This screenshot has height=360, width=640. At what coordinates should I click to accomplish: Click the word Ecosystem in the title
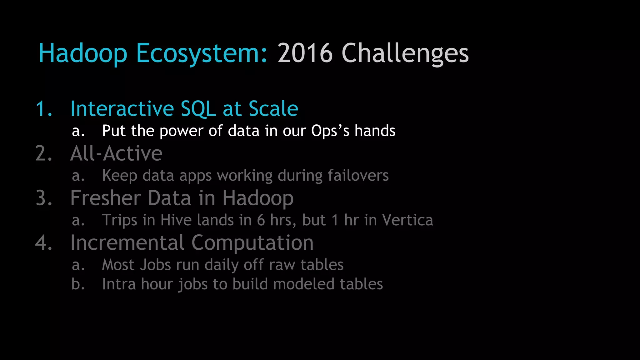tap(202, 53)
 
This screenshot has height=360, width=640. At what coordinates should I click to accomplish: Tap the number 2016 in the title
tap(305, 53)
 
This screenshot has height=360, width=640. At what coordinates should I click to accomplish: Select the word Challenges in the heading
tap(405, 53)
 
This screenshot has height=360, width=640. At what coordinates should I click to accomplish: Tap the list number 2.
tap(44, 153)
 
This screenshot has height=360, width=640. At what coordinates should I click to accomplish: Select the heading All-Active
tap(116, 153)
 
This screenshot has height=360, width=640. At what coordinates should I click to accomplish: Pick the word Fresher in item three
tap(105, 198)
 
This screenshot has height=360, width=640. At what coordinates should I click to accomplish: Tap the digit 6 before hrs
tap(261, 220)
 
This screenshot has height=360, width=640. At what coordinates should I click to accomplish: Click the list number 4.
tap(44, 243)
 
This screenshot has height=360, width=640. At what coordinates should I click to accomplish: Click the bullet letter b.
tap(78, 284)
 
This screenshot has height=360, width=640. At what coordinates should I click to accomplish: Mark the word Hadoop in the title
tap(83, 53)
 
